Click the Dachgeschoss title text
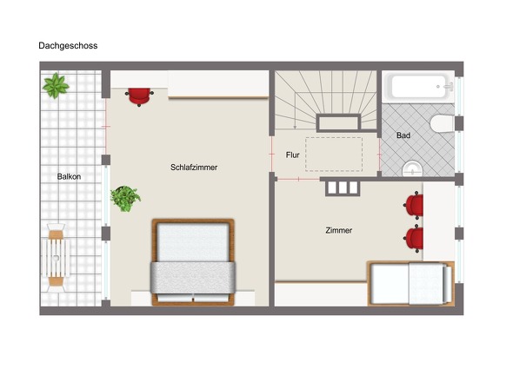(68, 46)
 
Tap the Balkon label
(69, 177)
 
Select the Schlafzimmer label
(194, 168)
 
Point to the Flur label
(292, 155)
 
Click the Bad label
(403, 135)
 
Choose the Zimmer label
(339, 230)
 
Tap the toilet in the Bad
(442, 123)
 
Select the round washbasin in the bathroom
(412, 169)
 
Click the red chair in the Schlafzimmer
(139, 96)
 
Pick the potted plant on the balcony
(56, 86)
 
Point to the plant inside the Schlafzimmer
(125, 199)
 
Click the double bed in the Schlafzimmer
(193, 262)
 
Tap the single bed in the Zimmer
(411, 283)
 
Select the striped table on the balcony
(56, 258)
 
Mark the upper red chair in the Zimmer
(413, 205)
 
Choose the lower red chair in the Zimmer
(413, 239)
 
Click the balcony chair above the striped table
(56, 231)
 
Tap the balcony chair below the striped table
(56, 285)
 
